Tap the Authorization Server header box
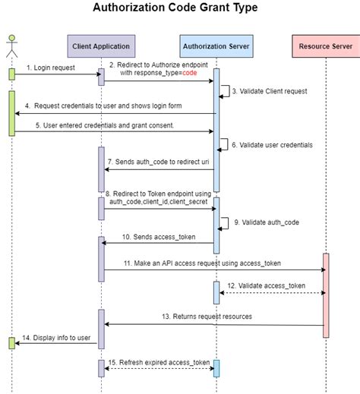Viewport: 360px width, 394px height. pos(216,46)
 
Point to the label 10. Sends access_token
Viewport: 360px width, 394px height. pos(158,238)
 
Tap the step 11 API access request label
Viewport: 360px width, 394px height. pos(202,262)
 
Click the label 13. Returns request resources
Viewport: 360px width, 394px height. pos(207,315)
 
